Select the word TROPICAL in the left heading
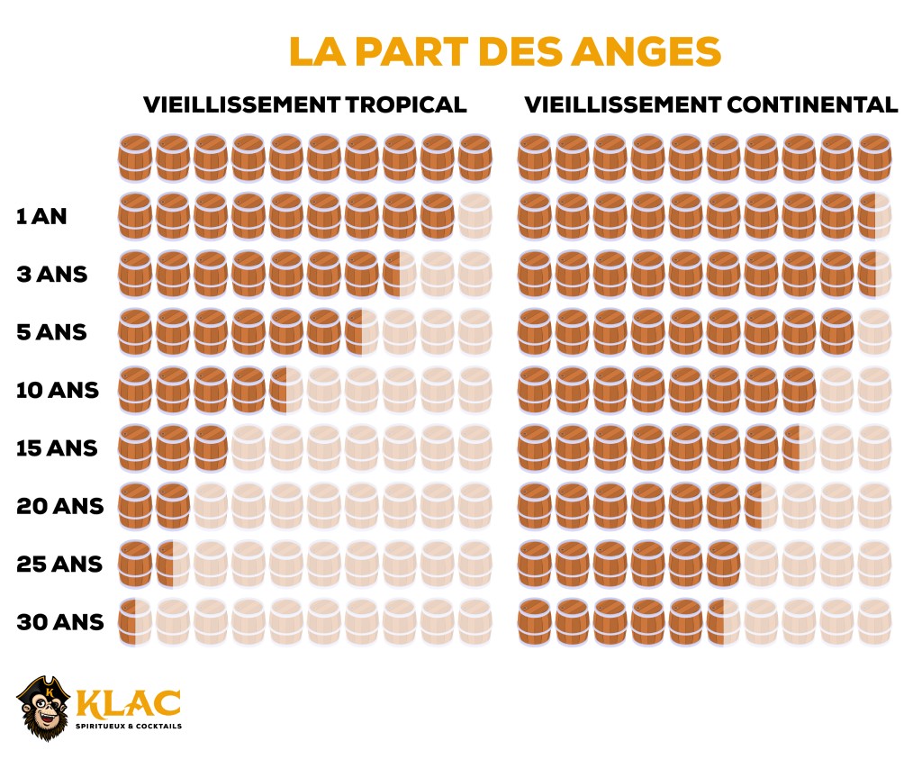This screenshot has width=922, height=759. click(x=404, y=104)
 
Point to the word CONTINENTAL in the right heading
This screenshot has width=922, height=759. click(x=810, y=104)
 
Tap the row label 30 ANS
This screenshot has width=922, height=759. click(x=60, y=623)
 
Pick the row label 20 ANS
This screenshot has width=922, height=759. click(x=60, y=506)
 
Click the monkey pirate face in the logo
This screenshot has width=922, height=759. click(x=43, y=707)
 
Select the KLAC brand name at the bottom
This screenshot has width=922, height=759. click(x=128, y=700)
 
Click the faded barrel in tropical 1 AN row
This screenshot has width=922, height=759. click(x=475, y=215)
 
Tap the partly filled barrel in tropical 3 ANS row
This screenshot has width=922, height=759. click(x=399, y=274)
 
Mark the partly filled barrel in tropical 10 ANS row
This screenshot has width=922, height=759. click(x=285, y=390)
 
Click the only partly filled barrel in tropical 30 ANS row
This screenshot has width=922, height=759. click(x=135, y=622)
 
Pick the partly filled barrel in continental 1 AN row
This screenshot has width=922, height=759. click(x=874, y=215)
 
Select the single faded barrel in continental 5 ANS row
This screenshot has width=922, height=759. click(x=874, y=332)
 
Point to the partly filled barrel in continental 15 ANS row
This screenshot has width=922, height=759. click(x=799, y=448)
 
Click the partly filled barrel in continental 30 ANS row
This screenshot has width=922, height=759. click(x=723, y=622)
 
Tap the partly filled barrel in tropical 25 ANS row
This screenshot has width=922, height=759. click(x=172, y=565)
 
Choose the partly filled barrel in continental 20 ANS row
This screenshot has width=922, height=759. click(x=761, y=506)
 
